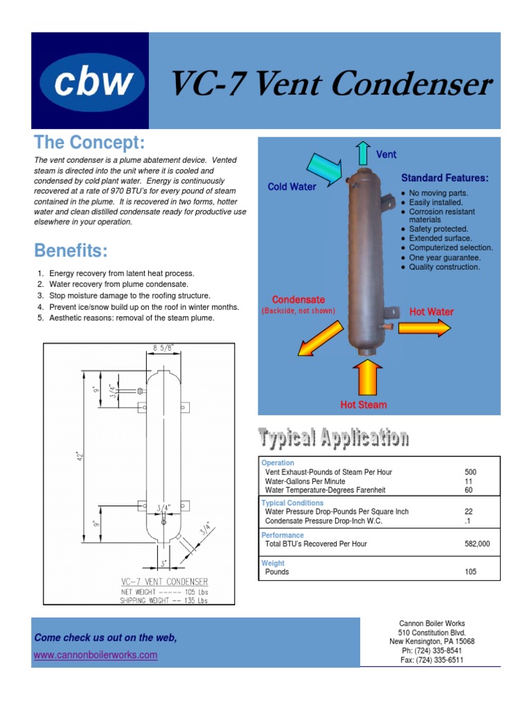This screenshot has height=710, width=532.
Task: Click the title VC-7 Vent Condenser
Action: click(x=331, y=85)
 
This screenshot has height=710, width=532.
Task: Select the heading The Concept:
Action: click(x=89, y=143)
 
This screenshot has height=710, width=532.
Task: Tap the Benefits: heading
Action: click(x=71, y=250)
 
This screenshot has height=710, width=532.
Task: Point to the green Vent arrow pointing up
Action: click(x=362, y=152)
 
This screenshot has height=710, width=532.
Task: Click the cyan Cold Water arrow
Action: click(x=323, y=168)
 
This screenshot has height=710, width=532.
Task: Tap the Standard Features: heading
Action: click(x=445, y=178)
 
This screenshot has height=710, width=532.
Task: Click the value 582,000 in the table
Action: click(x=477, y=544)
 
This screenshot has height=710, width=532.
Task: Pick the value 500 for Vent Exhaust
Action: click(x=470, y=472)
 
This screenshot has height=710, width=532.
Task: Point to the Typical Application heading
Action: click(x=333, y=438)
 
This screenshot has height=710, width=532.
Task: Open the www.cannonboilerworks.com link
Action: click(x=95, y=655)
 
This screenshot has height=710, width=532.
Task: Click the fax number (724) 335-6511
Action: click(x=432, y=660)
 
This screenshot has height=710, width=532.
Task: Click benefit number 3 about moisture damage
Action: click(x=130, y=295)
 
